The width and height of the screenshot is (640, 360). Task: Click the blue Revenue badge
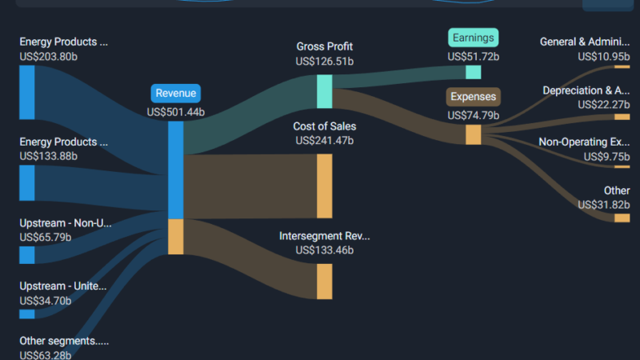pos(175,94)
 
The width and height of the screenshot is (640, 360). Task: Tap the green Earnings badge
pos(473,38)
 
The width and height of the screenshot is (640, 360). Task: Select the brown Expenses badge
pos(473,97)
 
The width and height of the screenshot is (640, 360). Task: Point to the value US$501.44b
pos(175,112)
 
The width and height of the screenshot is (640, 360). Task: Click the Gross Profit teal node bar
pos(325,91)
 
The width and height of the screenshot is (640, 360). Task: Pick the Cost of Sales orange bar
pos(325,186)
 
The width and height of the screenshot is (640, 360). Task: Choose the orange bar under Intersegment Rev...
pos(325,282)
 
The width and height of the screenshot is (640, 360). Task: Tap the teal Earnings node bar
pos(473,72)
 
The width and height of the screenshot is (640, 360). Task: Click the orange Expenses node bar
pos(473,134)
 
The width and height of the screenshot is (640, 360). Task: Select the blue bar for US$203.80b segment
pos(27,93)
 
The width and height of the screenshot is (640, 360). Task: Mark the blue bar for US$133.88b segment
pos(27,183)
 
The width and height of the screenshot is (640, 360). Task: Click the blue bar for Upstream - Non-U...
pos(27,255)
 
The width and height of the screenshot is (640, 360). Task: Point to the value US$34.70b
pos(46,301)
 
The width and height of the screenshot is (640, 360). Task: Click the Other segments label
pos(64,341)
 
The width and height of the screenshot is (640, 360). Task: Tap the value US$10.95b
pos(604,57)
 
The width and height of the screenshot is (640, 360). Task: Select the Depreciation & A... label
pos(586,90)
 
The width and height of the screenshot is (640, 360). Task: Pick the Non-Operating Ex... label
pos(584,142)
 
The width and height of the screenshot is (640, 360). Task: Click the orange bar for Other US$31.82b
pos(622,218)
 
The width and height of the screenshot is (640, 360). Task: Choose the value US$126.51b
pos(325,62)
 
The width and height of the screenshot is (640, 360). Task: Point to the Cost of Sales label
pos(325,126)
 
